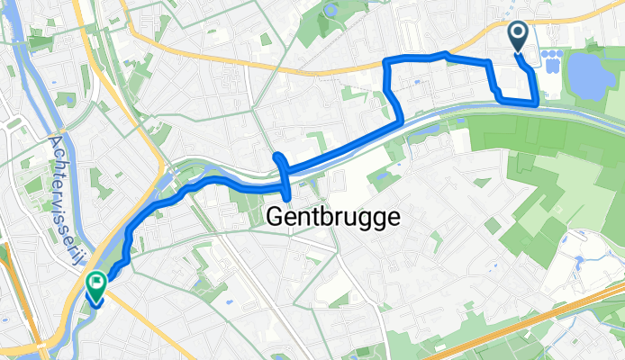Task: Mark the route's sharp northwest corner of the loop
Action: (x=388, y=60)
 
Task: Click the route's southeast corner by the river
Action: (x=537, y=103)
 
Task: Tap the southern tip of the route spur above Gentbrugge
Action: (x=287, y=197)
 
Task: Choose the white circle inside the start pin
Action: (x=520, y=33)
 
